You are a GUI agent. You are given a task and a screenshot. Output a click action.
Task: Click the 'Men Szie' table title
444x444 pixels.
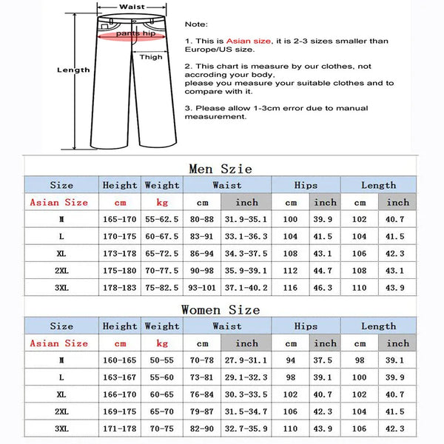pyautogui.click(x=221, y=169)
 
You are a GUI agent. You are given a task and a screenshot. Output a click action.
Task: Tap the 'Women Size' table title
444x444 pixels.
pyautogui.click(x=221, y=309)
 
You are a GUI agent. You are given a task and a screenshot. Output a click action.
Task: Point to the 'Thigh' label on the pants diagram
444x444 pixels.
pyautogui.click(x=151, y=57)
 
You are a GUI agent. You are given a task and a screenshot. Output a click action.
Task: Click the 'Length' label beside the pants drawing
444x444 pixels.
pyautogui.click(x=73, y=70)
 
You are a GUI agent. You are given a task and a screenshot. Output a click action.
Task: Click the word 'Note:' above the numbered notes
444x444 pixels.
pyautogui.click(x=196, y=24)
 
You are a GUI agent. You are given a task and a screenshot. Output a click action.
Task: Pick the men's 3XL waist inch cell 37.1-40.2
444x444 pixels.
pyautogui.click(x=246, y=287)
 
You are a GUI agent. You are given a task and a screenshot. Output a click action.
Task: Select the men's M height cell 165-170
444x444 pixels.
pyautogui.click(x=120, y=219)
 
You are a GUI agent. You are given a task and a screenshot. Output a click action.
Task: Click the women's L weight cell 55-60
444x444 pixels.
pyautogui.click(x=162, y=377)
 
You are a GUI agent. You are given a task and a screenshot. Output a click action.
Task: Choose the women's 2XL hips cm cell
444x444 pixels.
pyautogui.click(x=291, y=411)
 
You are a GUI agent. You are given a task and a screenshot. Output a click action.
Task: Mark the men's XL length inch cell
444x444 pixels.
pyautogui.click(x=397, y=253)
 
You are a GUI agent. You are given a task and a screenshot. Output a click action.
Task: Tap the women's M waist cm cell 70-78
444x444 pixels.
pyautogui.click(x=202, y=360)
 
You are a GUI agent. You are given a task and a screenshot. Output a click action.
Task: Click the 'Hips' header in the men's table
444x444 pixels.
pyautogui.click(x=306, y=185)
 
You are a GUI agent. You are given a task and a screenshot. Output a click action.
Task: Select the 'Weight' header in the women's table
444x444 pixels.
pyautogui.click(x=162, y=326)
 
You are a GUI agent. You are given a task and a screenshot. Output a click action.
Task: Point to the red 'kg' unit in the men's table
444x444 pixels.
pyautogui.click(x=162, y=202)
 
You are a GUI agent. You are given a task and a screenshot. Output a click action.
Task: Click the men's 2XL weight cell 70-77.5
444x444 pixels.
pyautogui.click(x=162, y=270)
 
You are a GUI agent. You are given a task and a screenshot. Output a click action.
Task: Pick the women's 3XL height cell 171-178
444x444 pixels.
pyautogui.click(x=120, y=428)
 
